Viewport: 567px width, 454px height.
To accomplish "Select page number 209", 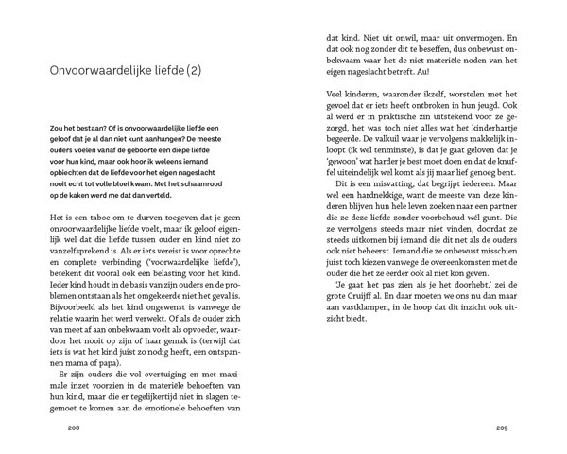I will point(502,428).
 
